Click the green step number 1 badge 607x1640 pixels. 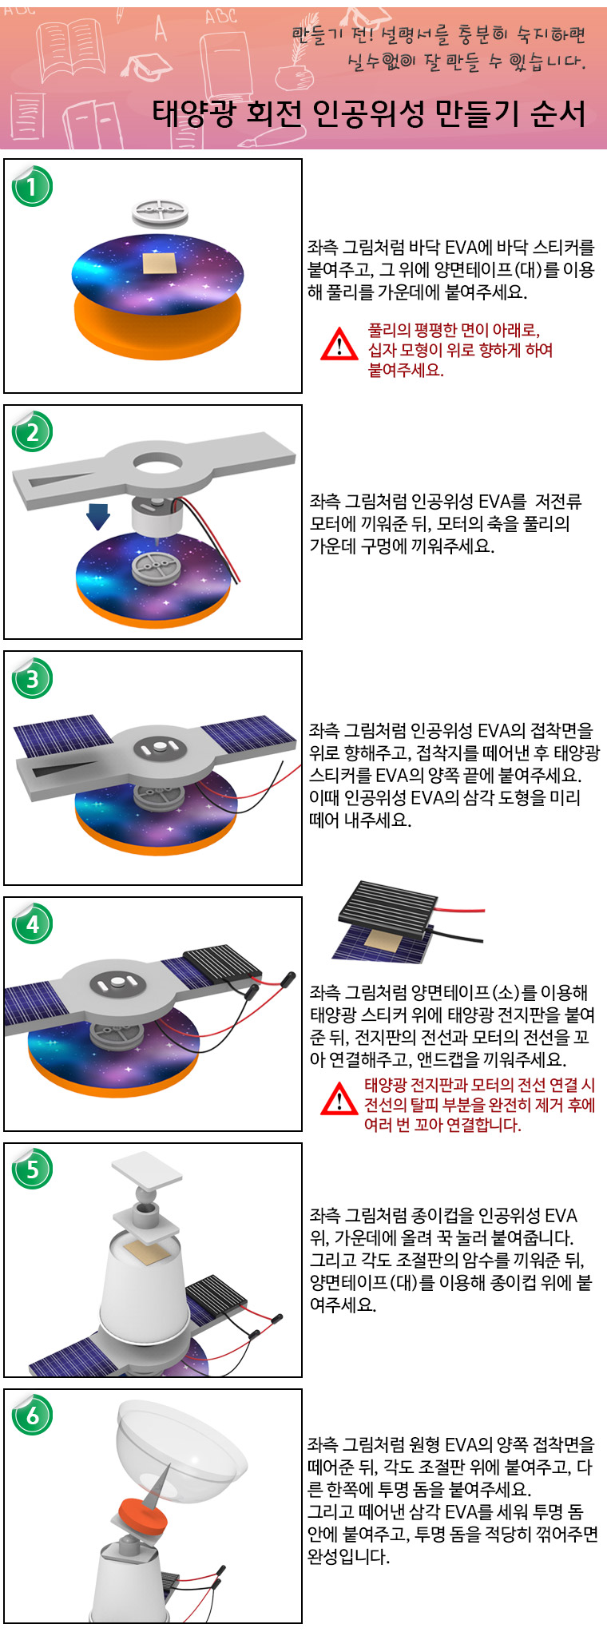32,187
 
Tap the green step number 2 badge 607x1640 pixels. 32,432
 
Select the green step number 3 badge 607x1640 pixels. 32,678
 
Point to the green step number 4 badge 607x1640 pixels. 32,924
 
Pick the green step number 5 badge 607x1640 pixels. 32,1169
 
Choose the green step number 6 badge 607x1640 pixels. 32,1416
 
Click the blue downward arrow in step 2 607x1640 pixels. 98,515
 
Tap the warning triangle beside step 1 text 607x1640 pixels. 339,344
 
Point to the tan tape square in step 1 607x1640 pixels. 157,265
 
